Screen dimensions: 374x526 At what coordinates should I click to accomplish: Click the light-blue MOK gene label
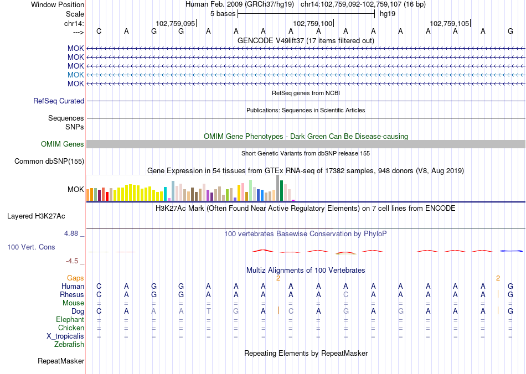[x=76, y=75]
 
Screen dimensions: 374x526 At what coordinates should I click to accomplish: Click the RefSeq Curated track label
[x=59, y=101]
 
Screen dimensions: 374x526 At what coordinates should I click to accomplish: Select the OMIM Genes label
[x=63, y=144]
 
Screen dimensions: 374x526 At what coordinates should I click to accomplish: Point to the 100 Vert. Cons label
[x=31, y=247]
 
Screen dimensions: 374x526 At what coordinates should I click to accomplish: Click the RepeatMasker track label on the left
[x=61, y=361]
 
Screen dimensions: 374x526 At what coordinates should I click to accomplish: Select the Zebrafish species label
[x=69, y=345]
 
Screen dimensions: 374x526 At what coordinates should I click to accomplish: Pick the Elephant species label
[x=70, y=320]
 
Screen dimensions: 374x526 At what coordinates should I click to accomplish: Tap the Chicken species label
[x=71, y=328]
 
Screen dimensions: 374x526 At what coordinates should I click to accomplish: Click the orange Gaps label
[x=75, y=278]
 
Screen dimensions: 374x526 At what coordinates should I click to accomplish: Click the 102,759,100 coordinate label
[x=313, y=23]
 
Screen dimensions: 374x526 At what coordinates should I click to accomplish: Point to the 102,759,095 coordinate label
[x=176, y=23]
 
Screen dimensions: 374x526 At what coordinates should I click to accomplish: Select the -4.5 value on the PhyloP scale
[x=72, y=261]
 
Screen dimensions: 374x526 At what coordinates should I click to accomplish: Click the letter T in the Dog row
[x=209, y=311]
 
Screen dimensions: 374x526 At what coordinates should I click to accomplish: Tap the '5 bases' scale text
[x=223, y=14]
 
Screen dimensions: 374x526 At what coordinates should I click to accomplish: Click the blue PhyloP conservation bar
[x=512, y=251]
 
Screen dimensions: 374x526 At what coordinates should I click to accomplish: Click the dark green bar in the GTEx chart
[x=282, y=190]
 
